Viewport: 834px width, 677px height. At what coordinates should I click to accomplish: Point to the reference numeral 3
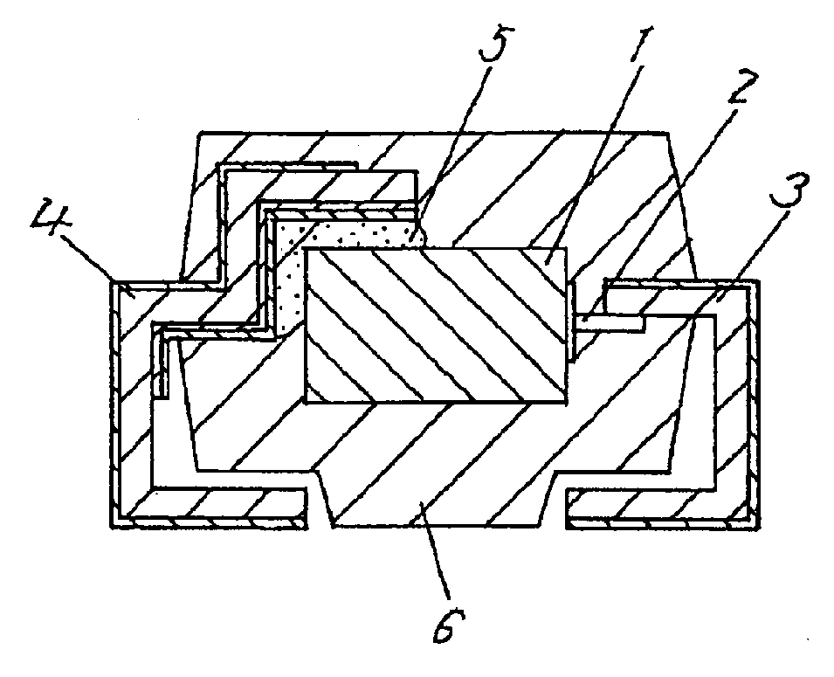(791, 190)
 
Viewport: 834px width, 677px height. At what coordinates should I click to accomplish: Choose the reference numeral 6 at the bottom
(448, 626)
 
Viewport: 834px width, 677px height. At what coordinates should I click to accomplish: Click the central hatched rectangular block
(436, 325)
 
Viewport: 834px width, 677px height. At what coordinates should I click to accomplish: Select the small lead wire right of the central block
(611, 322)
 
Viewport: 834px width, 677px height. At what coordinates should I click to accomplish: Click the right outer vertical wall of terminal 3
(755, 399)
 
